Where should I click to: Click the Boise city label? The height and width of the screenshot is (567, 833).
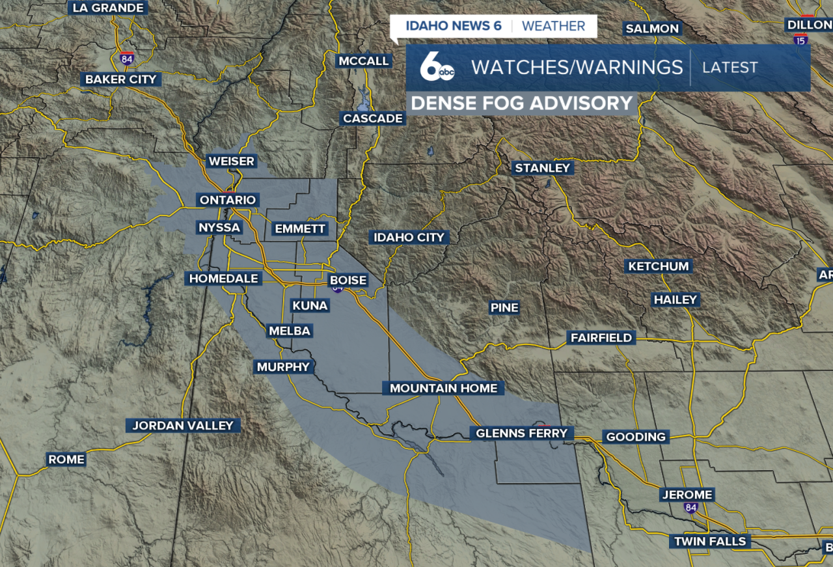click(348, 280)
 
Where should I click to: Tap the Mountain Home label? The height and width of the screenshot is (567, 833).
click(443, 388)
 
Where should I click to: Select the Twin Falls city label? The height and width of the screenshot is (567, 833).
click(709, 541)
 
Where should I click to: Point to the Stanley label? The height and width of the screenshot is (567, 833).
click(542, 168)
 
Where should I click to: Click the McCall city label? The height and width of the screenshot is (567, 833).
click(363, 61)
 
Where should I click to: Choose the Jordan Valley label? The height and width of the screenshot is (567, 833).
click(183, 425)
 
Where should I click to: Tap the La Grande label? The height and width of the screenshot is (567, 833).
click(108, 8)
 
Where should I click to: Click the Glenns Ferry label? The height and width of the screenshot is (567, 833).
click(522, 433)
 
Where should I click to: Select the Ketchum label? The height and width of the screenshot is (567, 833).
click(658, 266)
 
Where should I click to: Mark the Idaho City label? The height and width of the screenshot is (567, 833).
click(409, 237)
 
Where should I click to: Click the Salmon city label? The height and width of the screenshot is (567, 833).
click(652, 28)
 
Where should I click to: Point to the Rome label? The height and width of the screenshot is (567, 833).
click(66, 459)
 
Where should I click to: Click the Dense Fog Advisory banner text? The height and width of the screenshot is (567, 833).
click(522, 104)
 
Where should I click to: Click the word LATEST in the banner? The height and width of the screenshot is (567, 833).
click(730, 67)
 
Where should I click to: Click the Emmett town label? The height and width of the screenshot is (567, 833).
click(300, 228)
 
